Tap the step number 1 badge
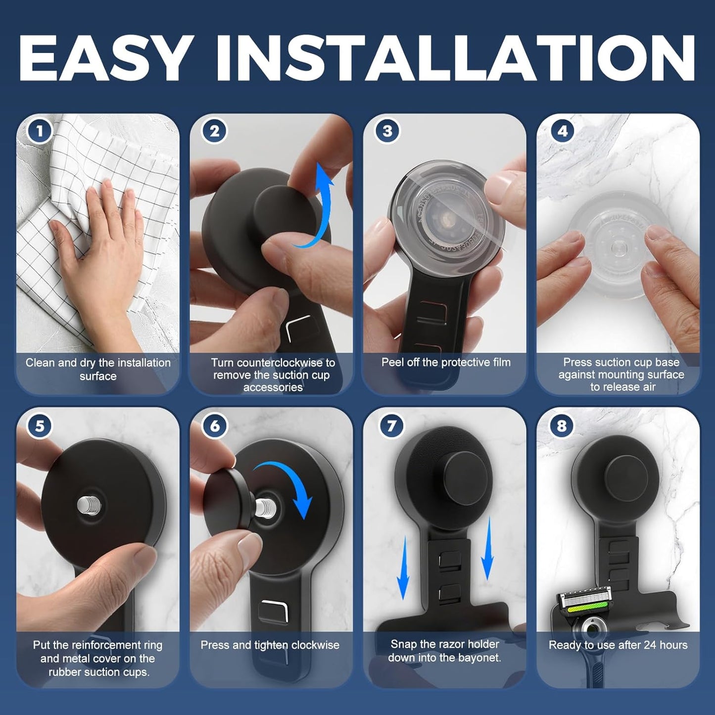click(40, 131)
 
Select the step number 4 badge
click(562, 131)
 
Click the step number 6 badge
click(215, 426)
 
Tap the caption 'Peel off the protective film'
click(446, 362)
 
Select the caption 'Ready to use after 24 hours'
click(618, 645)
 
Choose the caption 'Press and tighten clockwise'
click(270, 645)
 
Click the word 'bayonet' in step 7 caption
click(479, 658)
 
